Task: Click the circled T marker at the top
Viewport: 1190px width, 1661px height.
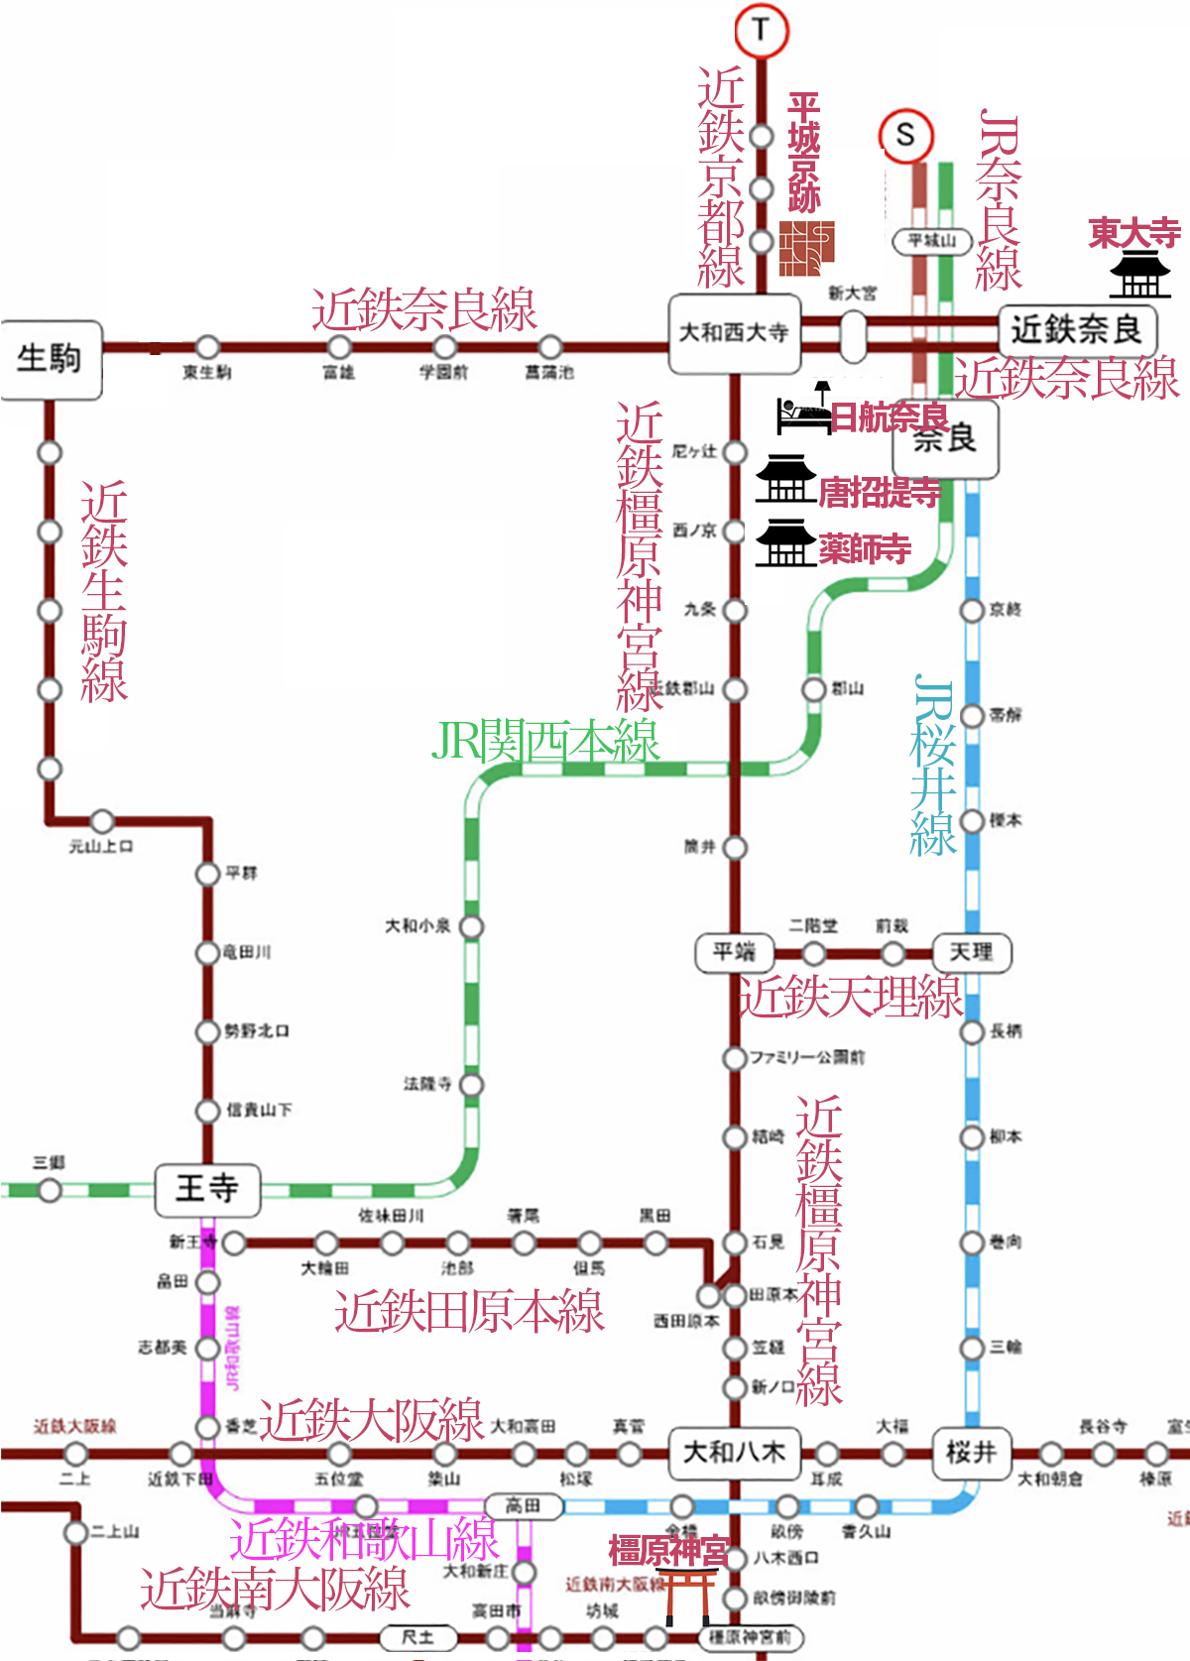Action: pyautogui.click(x=761, y=30)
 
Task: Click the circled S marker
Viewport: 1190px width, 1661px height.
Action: pyautogui.click(x=905, y=135)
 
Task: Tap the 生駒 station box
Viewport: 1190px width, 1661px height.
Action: pyautogui.click(x=51, y=359)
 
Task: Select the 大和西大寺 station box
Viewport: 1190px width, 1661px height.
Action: pyautogui.click(x=734, y=333)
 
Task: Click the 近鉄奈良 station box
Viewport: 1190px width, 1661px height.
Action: pyautogui.click(x=1076, y=330)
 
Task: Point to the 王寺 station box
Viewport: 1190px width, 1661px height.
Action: pyautogui.click(x=207, y=1189)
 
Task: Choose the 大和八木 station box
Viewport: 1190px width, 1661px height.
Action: pyautogui.click(x=734, y=1453)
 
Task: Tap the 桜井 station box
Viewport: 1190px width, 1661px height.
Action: pyautogui.click(x=970, y=1453)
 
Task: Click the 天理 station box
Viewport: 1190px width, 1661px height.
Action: pyautogui.click(x=971, y=953)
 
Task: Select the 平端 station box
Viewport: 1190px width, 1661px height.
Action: pyautogui.click(x=734, y=953)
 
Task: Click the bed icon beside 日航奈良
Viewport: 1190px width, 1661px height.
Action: pyautogui.click(x=804, y=410)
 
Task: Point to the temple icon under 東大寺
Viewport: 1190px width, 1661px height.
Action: pyautogui.click(x=1139, y=274)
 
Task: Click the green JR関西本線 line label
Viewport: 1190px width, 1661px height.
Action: pyautogui.click(x=545, y=742)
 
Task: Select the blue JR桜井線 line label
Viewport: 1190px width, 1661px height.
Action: pyautogui.click(x=932, y=766)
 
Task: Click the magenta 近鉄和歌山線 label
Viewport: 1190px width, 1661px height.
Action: pyautogui.click(x=364, y=1539)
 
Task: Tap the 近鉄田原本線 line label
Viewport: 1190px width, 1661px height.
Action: pyautogui.click(x=469, y=1312)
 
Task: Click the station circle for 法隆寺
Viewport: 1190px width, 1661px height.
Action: pyautogui.click(x=472, y=1085)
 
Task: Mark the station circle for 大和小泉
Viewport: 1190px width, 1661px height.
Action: pyautogui.click(x=472, y=927)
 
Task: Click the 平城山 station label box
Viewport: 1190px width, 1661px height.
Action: pyautogui.click(x=931, y=241)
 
